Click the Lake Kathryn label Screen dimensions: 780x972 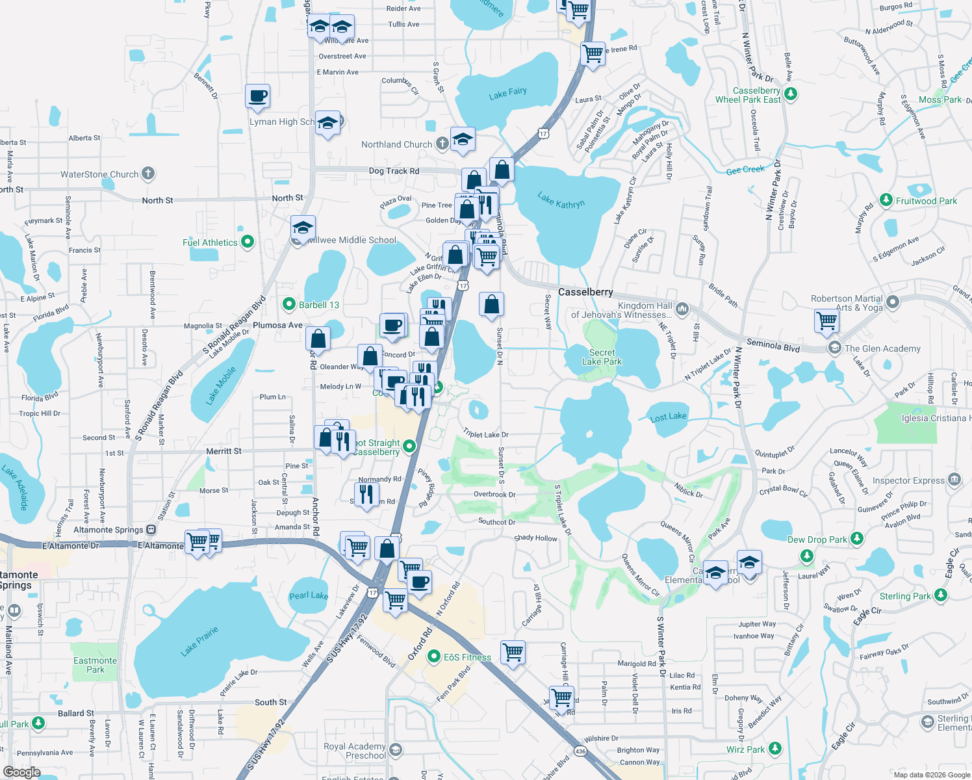[x=561, y=200]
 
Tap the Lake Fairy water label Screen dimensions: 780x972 [x=507, y=93]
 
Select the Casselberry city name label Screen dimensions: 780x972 [x=585, y=292]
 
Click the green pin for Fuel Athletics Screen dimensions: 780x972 [x=247, y=242]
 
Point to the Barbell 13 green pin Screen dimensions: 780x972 [x=289, y=304]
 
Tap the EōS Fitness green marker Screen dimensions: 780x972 [x=433, y=657]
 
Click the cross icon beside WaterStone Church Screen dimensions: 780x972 [x=148, y=174]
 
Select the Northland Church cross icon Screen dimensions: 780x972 [x=442, y=144]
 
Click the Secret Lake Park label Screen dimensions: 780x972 [x=602, y=357]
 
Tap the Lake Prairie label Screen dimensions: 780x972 [x=200, y=641]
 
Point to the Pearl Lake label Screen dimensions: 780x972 [x=309, y=595]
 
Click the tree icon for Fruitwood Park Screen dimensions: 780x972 [x=886, y=200]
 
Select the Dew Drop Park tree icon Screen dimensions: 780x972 [x=857, y=539]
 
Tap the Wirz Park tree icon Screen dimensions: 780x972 [x=774, y=749]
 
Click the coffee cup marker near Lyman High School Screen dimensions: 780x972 [x=257, y=97]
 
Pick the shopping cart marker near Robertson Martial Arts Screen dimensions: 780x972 [x=826, y=320]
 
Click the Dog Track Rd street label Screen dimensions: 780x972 [x=394, y=171]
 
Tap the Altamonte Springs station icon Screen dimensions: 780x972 [x=151, y=530]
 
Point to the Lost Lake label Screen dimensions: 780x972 [x=668, y=417]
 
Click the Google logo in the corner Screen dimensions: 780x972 [x=21, y=772]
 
